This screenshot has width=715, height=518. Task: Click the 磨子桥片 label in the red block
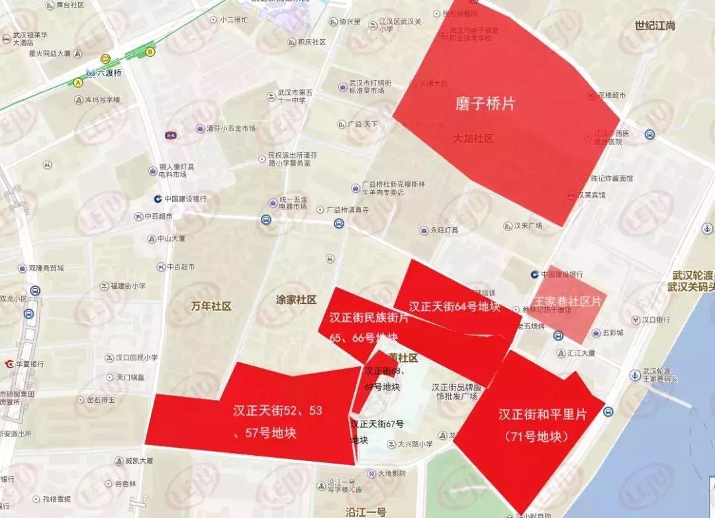point(485,104)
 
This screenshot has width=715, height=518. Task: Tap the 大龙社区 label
point(473,139)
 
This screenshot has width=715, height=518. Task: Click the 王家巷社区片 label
point(568,301)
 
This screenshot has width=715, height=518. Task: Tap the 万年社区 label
point(211,306)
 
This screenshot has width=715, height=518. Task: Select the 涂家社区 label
point(296,299)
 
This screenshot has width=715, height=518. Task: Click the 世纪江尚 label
point(654,26)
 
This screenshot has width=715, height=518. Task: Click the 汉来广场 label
point(528,225)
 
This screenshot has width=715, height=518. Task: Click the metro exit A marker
point(78,82)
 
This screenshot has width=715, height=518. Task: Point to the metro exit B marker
point(150,50)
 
